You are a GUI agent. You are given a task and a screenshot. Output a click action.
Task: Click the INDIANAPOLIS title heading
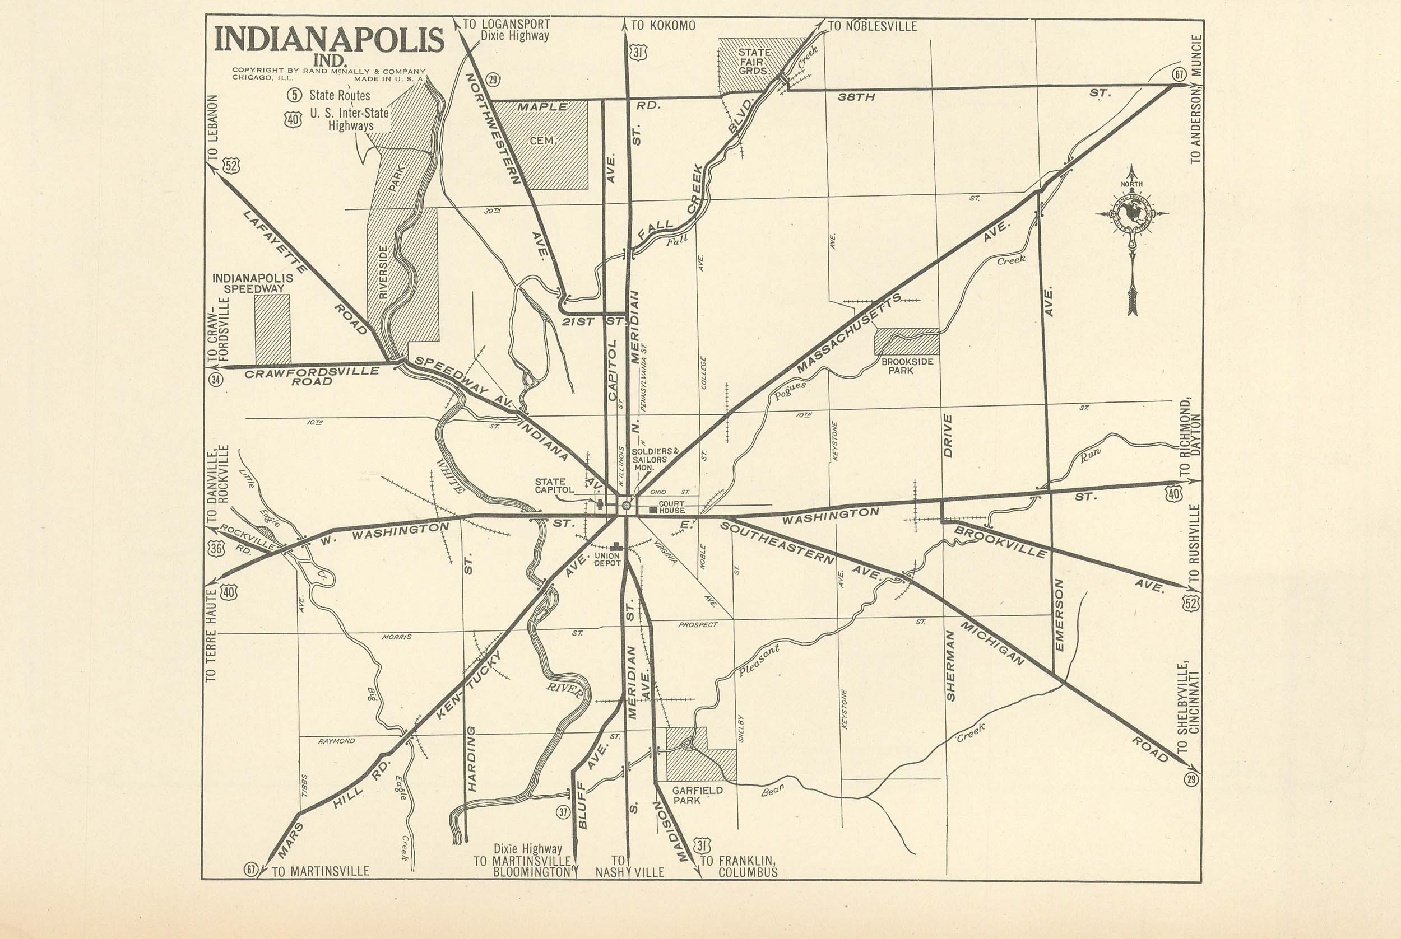329,41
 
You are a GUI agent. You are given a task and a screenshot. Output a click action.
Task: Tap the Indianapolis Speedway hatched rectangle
273,329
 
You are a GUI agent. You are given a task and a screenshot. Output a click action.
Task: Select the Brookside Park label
907,366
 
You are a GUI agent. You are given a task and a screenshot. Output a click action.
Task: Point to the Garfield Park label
697,795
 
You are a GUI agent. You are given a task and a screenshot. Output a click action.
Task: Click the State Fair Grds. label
754,61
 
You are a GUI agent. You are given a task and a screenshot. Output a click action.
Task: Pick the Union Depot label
606,559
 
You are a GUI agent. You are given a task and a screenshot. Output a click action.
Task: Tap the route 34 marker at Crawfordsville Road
216,379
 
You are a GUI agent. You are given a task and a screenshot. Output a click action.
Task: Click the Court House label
671,507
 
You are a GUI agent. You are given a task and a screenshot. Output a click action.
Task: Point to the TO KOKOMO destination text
663,26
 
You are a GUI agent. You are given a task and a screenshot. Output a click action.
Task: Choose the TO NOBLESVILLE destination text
872,26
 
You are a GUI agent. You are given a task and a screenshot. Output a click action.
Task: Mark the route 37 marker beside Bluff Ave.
563,812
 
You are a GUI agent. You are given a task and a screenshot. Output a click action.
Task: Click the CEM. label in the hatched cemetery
543,141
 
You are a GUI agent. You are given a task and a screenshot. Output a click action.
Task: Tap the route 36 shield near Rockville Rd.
216,548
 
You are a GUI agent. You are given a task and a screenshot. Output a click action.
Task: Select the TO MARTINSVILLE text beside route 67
320,871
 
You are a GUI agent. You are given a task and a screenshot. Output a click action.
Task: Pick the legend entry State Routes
339,95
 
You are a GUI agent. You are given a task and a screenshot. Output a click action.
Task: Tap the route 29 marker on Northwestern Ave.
493,79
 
